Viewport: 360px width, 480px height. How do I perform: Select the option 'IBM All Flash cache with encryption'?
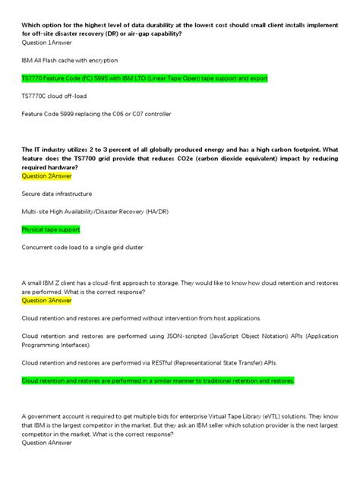[70, 60]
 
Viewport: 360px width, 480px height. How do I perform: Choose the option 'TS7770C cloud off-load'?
[55, 96]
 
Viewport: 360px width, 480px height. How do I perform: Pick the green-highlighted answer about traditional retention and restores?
[157, 380]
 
